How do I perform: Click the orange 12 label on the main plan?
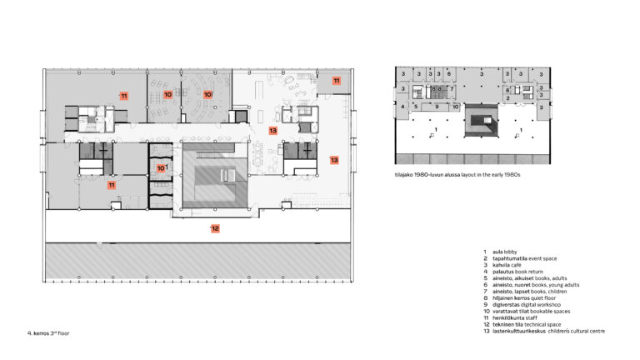[x=214, y=228]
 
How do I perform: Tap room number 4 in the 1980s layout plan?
[x=403, y=107]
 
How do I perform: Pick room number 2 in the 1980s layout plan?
[x=507, y=98]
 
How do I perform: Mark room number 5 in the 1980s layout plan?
[x=416, y=107]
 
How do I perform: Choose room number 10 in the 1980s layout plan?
[x=456, y=107]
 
